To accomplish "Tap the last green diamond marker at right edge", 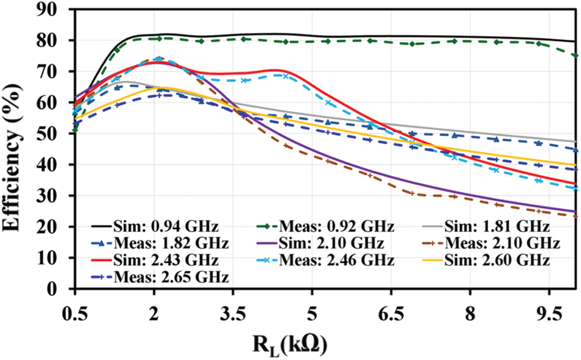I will point(576,56).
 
